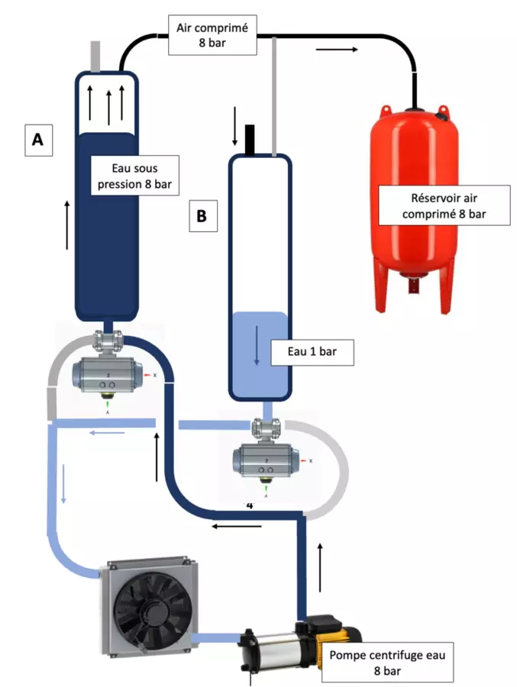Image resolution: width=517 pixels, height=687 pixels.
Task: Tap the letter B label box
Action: [202, 216]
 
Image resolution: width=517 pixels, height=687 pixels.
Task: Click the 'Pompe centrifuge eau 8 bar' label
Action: [386, 661]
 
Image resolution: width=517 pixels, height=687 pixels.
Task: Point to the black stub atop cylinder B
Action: [249, 139]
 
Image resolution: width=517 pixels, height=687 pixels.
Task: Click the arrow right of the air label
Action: [335, 50]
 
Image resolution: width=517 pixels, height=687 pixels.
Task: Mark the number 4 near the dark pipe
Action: [249, 505]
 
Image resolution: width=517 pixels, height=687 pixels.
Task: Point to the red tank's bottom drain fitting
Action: [413, 289]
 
